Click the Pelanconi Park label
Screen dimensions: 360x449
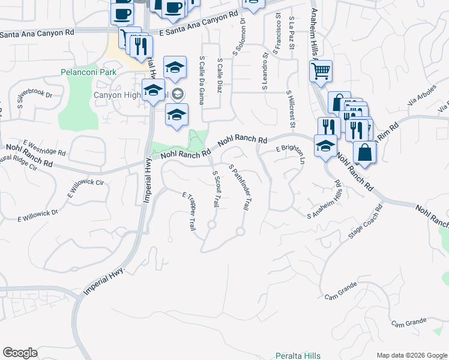[88, 72]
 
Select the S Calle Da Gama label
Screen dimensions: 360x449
[201, 80]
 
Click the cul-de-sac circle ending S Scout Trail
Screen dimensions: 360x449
[211, 225]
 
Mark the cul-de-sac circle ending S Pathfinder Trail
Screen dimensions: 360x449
[240, 231]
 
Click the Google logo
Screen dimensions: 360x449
[20, 353]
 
